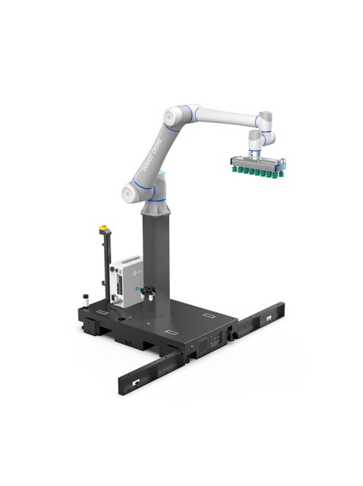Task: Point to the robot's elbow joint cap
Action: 169,117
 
